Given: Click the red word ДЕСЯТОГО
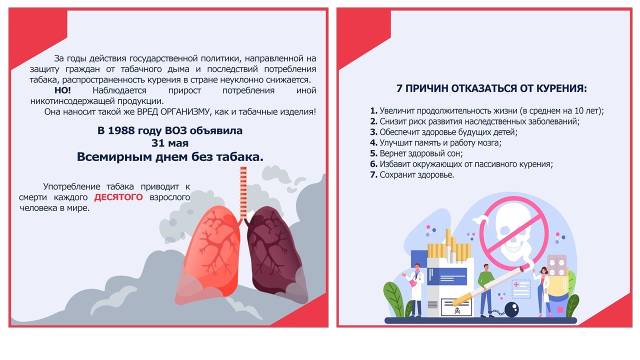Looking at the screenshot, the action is [x=118, y=197].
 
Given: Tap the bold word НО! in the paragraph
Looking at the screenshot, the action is [x=62, y=90].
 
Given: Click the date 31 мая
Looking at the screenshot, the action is [x=170, y=143].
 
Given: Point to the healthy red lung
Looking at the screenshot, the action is [x=208, y=254].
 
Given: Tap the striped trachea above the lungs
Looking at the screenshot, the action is [x=243, y=193].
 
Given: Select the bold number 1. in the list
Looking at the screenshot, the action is [x=373, y=111].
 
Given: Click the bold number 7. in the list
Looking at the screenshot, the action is [x=373, y=175].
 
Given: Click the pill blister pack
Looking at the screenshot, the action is [x=556, y=265].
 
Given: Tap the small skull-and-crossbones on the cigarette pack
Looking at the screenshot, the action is [x=457, y=310].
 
